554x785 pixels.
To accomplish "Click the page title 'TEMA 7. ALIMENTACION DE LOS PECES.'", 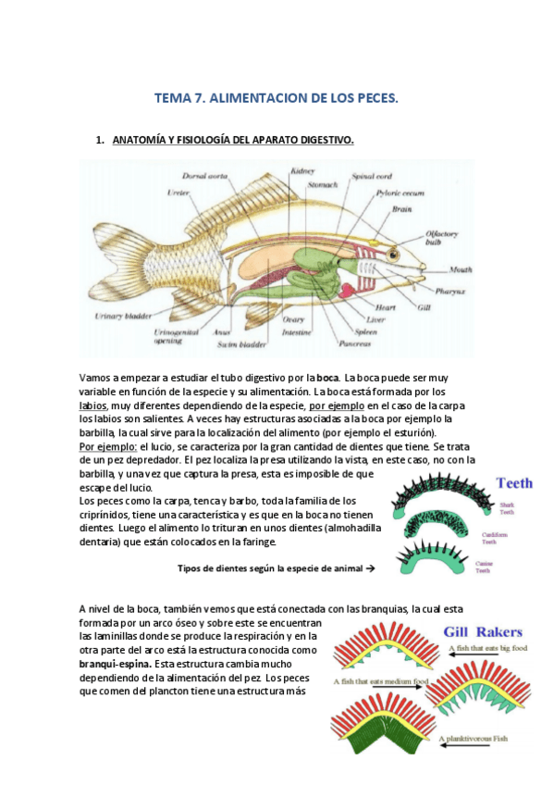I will [277, 98].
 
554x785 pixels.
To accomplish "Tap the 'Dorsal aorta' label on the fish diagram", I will [206, 175].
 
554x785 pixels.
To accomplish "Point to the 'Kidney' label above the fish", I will [302, 171].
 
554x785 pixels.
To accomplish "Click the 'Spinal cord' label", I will [371, 175].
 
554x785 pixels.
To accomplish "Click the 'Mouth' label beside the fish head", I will [462, 269].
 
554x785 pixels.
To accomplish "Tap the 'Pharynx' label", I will [455, 290].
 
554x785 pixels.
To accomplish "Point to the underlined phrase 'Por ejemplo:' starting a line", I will [107, 446].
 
